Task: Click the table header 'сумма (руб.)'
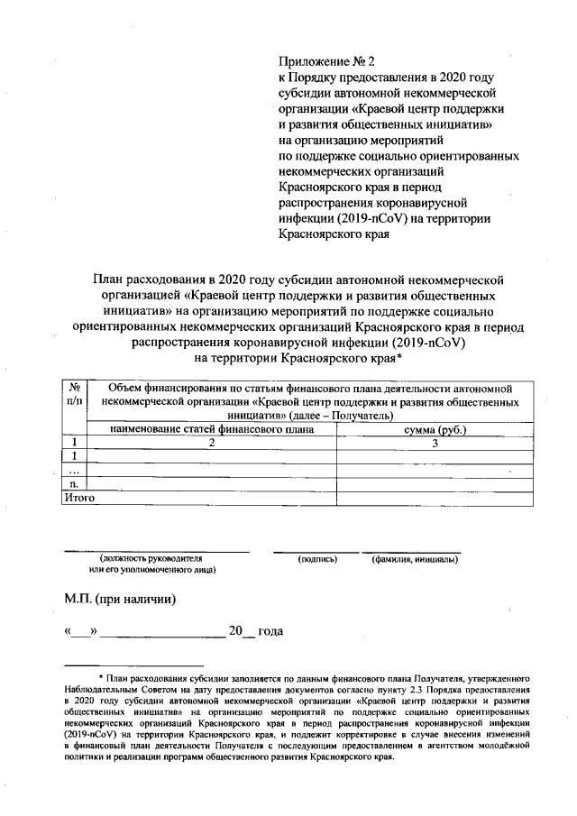(434, 429)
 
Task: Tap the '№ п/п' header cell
(74, 394)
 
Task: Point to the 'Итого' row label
(78, 497)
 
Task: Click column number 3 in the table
(434, 443)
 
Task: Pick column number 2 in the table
(212, 443)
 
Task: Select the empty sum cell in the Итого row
(434, 497)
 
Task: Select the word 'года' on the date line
(270, 630)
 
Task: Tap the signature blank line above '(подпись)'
(316, 549)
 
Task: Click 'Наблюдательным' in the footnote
(116, 688)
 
